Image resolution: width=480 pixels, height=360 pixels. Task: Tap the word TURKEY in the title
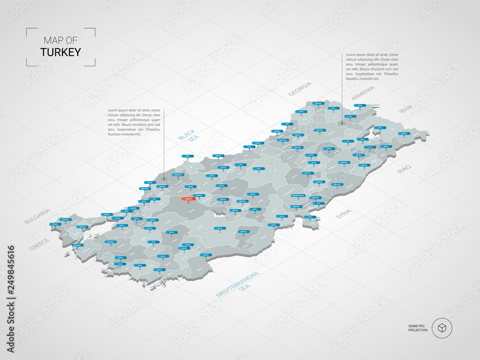coord(60,52)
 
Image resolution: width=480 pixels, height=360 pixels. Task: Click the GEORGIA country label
coord(300,89)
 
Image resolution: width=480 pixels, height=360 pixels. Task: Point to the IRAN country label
coord(406,108)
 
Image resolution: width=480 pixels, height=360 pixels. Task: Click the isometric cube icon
coord(441,328)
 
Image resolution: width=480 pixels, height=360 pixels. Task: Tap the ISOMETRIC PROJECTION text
coord(418,328)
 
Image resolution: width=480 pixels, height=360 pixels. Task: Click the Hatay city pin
coord(311,217)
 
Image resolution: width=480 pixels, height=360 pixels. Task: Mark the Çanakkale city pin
coord(77,245)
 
